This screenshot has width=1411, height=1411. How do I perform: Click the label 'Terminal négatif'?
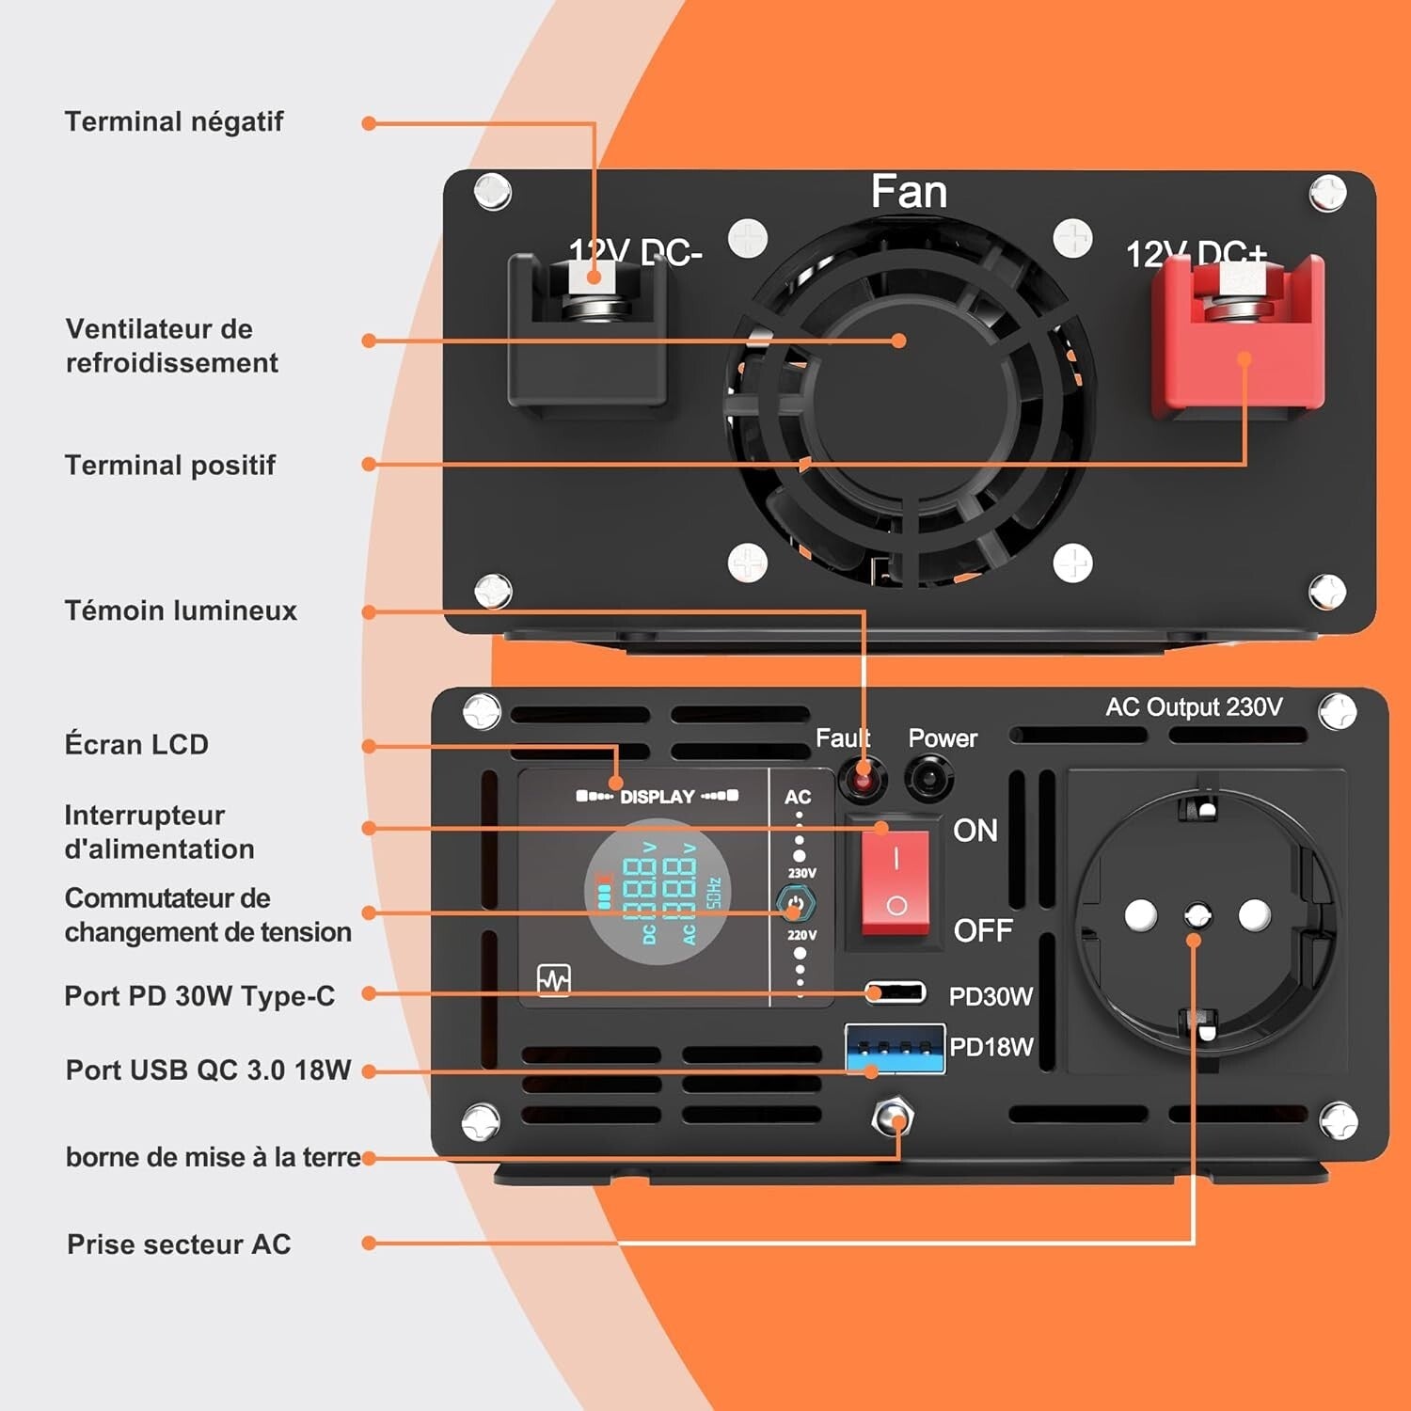174,122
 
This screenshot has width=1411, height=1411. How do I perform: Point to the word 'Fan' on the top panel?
909,192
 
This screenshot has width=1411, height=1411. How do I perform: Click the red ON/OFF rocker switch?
896,882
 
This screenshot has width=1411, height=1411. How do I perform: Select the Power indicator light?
929,779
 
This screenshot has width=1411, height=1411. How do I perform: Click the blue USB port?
895,1049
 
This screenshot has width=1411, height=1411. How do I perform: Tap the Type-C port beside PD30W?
896,992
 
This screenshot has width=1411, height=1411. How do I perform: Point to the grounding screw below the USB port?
892,1118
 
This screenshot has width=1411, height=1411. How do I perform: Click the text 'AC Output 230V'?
1194,707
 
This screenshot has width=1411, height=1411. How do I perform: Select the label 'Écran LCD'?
136,745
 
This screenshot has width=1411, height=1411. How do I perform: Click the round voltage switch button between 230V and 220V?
796,904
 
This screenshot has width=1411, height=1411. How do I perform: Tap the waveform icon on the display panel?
554,979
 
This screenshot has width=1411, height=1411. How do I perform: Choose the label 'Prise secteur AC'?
179,1245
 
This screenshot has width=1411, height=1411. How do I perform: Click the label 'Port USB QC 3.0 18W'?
208,1070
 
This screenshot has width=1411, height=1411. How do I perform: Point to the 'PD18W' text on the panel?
991,1047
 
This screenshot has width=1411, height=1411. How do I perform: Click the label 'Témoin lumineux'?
181,611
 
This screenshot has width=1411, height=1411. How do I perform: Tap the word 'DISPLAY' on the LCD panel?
658,797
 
